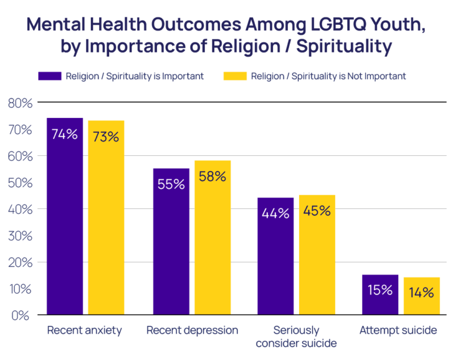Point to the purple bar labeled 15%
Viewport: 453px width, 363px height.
point(379,295)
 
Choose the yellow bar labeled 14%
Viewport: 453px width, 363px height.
point(421,296)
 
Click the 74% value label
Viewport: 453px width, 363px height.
point(65,134)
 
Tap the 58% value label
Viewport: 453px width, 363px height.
point(212,176)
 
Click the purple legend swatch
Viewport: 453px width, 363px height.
point(50,76)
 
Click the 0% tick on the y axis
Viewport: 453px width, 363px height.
point(21,315)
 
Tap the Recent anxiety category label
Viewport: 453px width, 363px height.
point(84,330)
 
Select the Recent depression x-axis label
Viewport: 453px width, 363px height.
point(192,330)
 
